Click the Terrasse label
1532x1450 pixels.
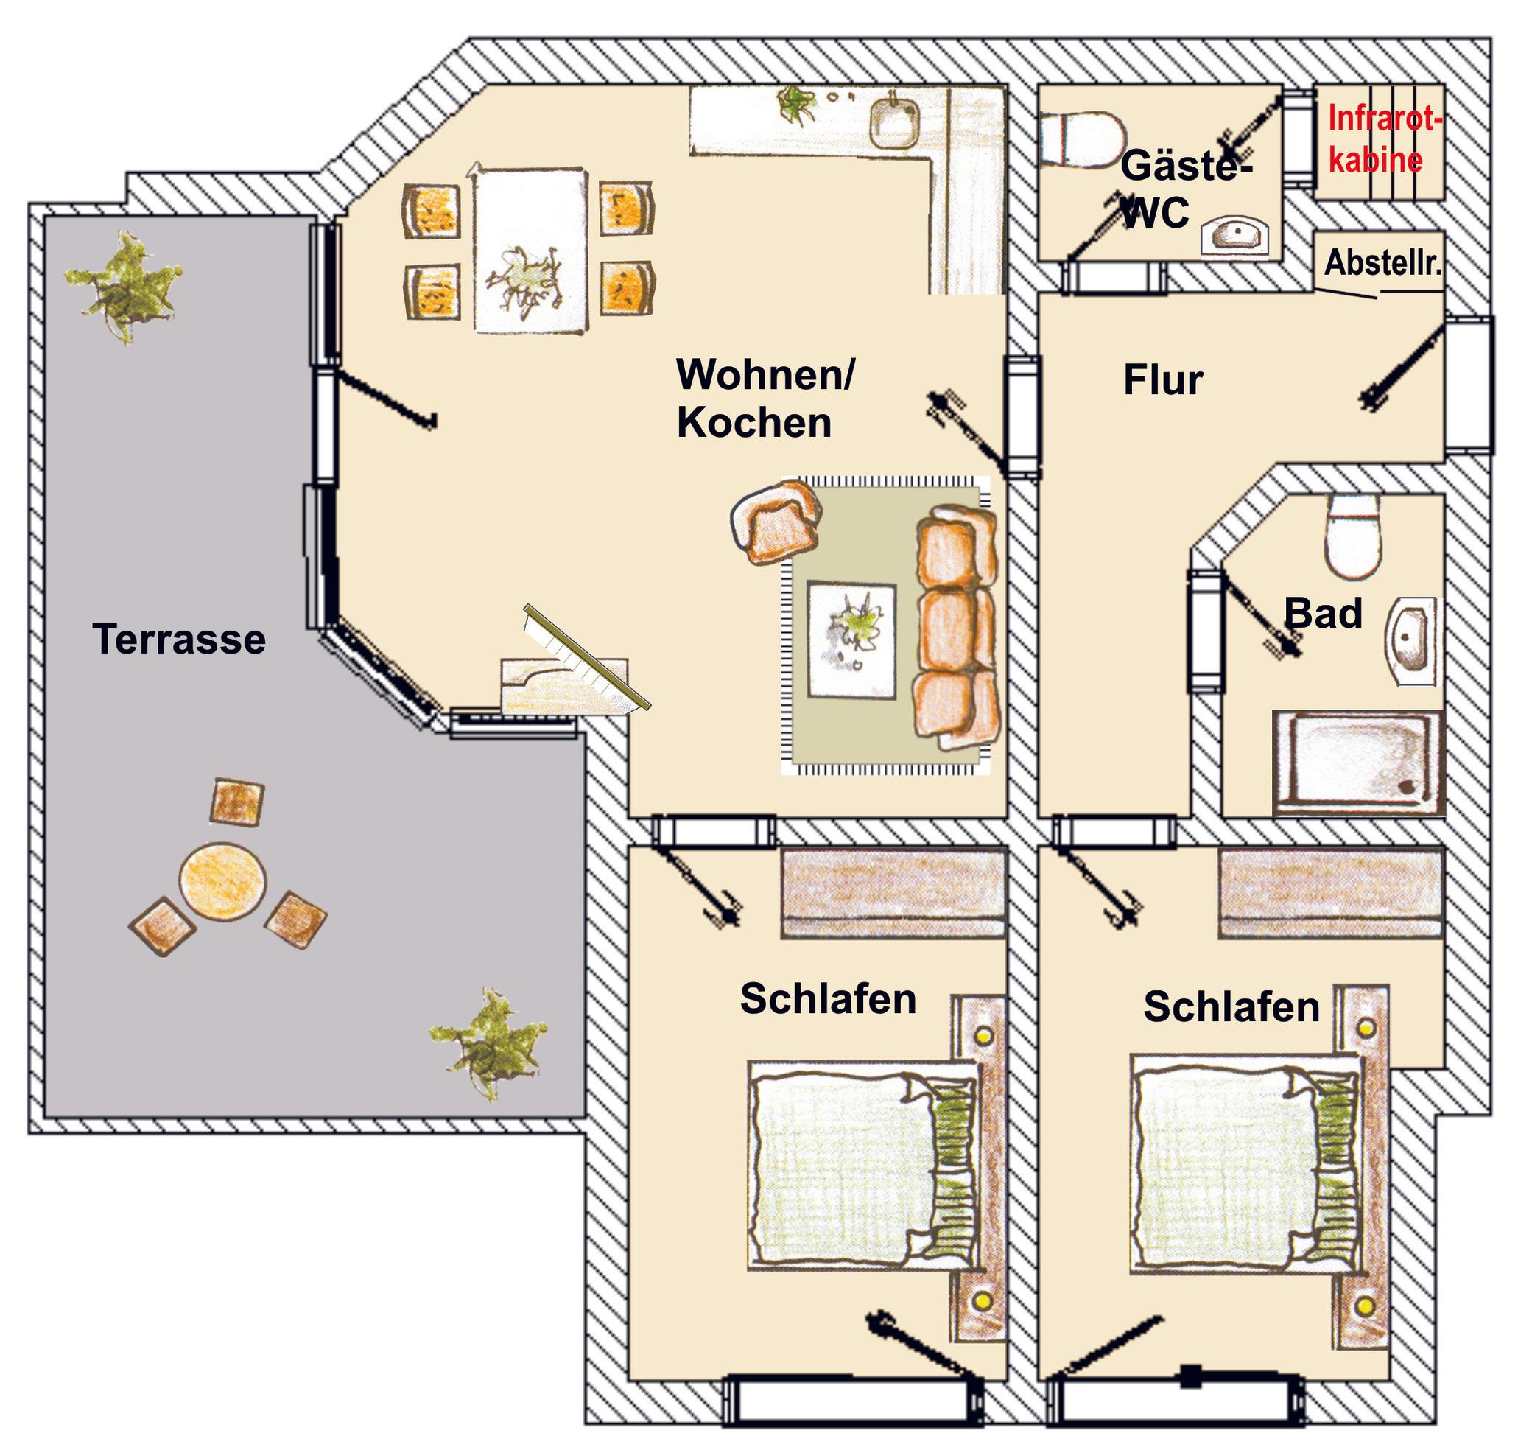(179, 640)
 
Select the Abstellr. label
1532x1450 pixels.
(1383, 264)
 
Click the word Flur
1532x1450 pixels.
(1163, 380)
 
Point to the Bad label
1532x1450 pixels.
(1323, 614)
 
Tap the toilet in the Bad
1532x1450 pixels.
(1352, 536)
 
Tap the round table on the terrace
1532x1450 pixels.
(222, 882)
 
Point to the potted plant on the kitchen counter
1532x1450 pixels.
(795, 104)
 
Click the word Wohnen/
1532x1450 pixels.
(765, 374)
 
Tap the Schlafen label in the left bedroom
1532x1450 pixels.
(828, 998)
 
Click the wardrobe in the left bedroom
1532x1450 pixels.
(893, 894)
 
